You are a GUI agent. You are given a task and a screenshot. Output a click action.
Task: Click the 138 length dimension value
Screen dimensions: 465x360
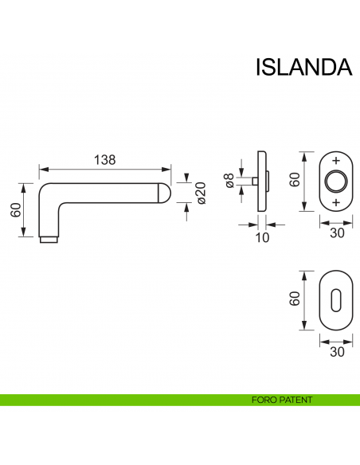pos(105,159)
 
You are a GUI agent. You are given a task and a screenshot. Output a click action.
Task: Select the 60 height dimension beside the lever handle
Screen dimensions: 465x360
pos(15,209)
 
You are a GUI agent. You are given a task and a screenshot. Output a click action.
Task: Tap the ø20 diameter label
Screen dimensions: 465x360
pos(202,192)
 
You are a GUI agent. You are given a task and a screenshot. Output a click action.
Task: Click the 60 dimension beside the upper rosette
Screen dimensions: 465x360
pos(293,180)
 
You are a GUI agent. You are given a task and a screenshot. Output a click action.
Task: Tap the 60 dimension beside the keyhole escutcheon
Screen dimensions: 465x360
pos(293,300)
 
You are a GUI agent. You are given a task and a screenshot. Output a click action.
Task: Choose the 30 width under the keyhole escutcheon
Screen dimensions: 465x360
pos(335,351)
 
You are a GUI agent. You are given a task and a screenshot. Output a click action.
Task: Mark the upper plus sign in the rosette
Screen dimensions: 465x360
pos(335,160)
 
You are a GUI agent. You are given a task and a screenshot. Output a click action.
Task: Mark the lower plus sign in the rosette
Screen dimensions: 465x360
pos(335,202)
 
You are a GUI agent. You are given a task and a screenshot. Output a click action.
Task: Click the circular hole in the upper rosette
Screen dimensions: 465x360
pos(335,181)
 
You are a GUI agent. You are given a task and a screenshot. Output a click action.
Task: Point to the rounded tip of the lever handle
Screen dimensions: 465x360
pos(165,192)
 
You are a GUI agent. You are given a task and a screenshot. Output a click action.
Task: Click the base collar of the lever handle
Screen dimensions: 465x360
pos(48,238)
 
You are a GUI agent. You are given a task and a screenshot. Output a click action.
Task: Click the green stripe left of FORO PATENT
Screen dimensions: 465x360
pos(119,400)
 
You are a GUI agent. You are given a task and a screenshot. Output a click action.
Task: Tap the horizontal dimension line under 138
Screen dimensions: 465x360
pos(105,169)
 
